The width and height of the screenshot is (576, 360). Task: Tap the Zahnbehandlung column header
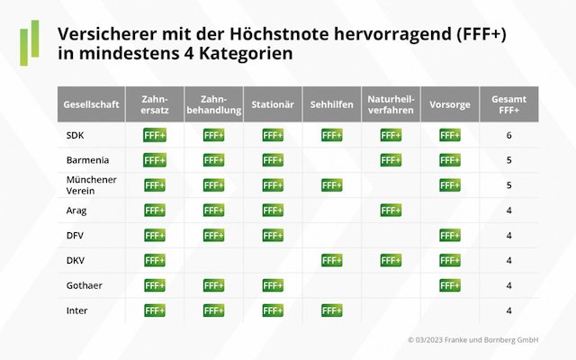coord(213,104)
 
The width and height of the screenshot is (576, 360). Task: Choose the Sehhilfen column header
coord(331,104)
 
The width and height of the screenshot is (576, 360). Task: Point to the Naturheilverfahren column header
coord(391,104)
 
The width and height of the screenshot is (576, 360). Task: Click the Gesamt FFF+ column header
coord(509,104)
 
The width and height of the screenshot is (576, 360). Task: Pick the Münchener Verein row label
coord(85,184)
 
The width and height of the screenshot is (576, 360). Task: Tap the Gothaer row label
coord(83,285)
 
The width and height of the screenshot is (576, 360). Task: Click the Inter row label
coord(76,310)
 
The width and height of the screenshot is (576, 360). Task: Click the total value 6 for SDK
coord(509,135)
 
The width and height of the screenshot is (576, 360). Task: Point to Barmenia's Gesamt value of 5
coord(509,160)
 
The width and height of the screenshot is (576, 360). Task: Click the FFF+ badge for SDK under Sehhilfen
coord(331,135)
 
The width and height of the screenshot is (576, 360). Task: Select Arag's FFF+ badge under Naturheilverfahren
coord(391,210)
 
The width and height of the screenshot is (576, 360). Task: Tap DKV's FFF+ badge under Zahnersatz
coord(154,260)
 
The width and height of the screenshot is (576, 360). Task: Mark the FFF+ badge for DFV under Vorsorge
coord(450,235)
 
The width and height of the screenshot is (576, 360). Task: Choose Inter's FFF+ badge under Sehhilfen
coord(331,310)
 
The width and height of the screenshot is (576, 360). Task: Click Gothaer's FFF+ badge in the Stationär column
coord(273,285)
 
